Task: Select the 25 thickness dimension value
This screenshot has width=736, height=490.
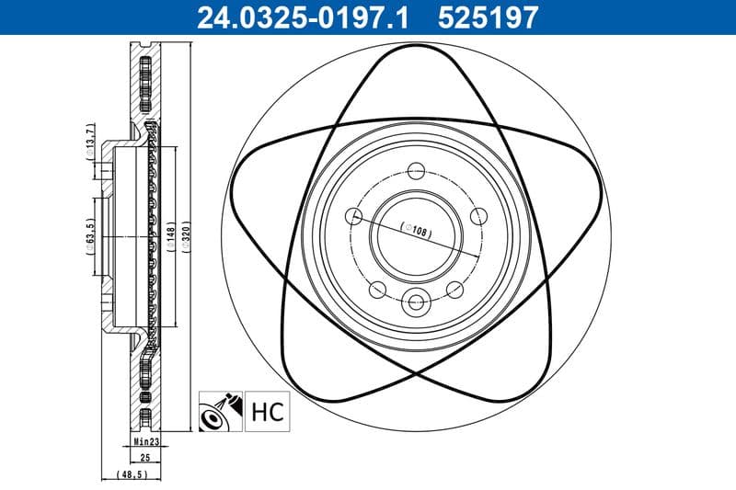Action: coord(144,456)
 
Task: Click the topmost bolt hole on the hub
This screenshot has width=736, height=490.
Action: coord(416,170)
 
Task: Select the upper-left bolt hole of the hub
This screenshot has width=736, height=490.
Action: coord(354,216)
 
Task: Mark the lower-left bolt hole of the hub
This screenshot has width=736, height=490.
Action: coord(377,290)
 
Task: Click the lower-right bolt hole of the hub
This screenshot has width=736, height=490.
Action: coord(454,290)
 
